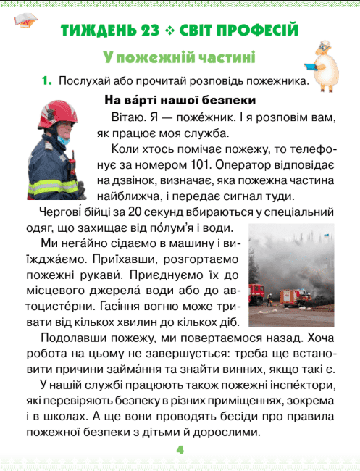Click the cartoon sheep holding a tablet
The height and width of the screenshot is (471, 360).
329,62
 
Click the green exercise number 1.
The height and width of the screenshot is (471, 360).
47,81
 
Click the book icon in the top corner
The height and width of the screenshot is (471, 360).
25,20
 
